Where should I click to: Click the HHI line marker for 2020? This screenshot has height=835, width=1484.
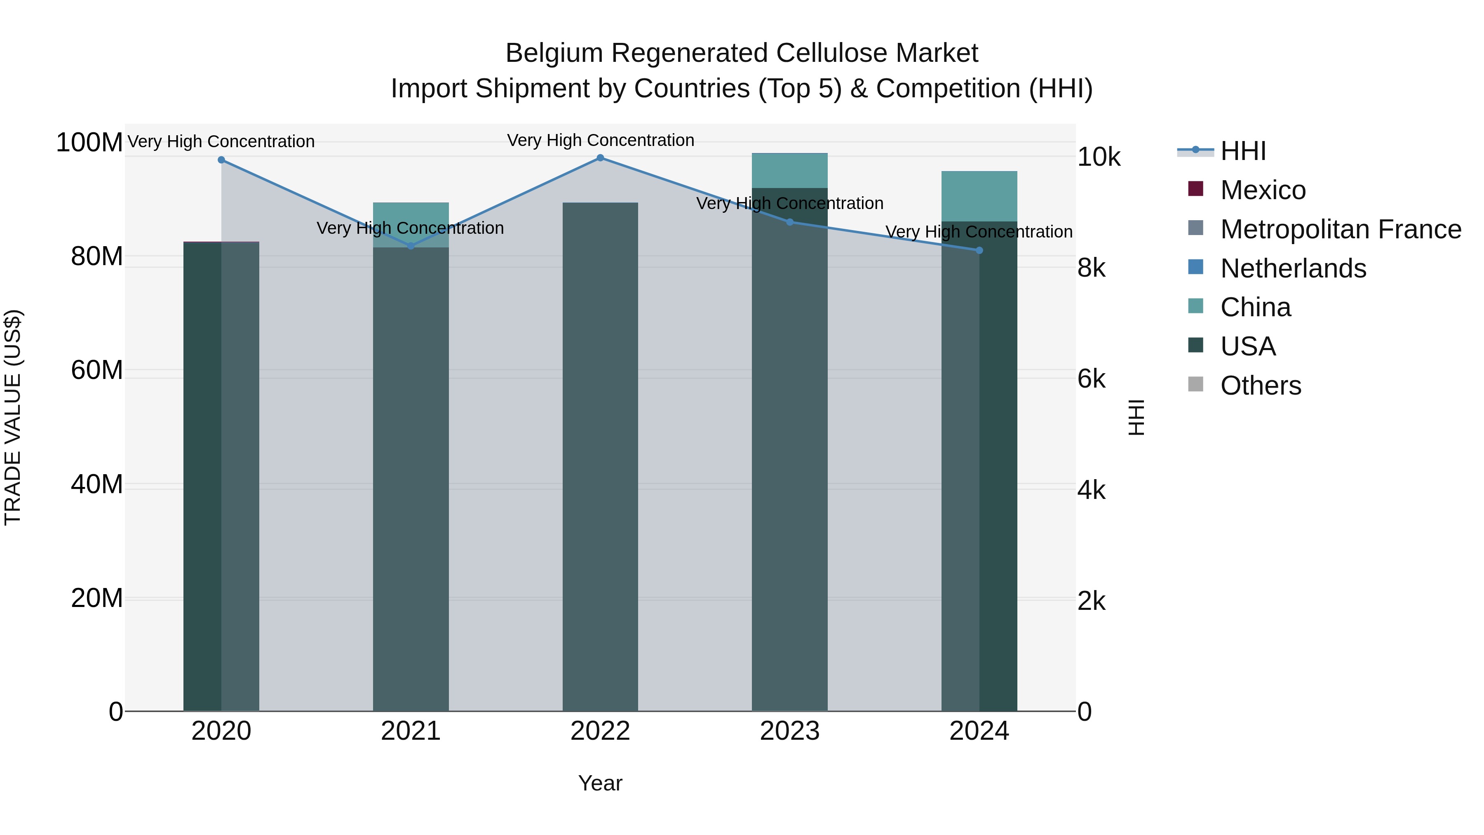pyautogui.click(x=221, y=160)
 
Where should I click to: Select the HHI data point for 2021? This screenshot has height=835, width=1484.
pyautogui.click(x=411, y=246)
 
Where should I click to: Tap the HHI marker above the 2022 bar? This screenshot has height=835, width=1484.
pyautogui.click(x=600, y=158)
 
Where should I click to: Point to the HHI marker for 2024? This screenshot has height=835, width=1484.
pyautogui.click(x=979, y=250)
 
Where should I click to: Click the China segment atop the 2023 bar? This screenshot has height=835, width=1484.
pyautogui.click(x=790, y=170)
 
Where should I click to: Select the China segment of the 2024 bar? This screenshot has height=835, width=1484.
pyautogui.click(x=979, y=196)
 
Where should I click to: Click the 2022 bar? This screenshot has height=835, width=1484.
pyautogui.click(x=600, y=461)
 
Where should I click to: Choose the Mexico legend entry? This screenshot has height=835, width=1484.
pyautogui.click(x=1262, y=190)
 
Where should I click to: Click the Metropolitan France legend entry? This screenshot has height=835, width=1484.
pyautogui.click(x=1340, y=229)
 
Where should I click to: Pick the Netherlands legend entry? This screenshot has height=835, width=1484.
pyautogui.click(x=1293, y=268)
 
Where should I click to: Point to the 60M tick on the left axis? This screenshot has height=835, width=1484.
pyautogui.click(x=96, y=370)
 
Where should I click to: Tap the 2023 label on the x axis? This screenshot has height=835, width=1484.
pyautogui.click(x=790, y=731)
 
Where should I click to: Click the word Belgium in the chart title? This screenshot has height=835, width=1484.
pyautogui.click(x=554, y=53)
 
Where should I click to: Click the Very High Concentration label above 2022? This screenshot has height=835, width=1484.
pyautogui.click(x=600, y=140)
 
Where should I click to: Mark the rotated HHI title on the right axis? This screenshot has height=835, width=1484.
pyautogui.click(x=1136, y=417)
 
